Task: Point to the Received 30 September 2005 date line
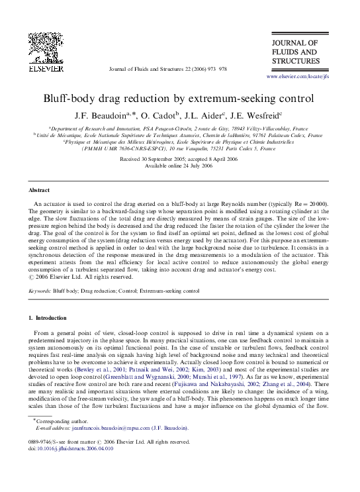click(179, 160)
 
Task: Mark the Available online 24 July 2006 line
click(179, 166)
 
